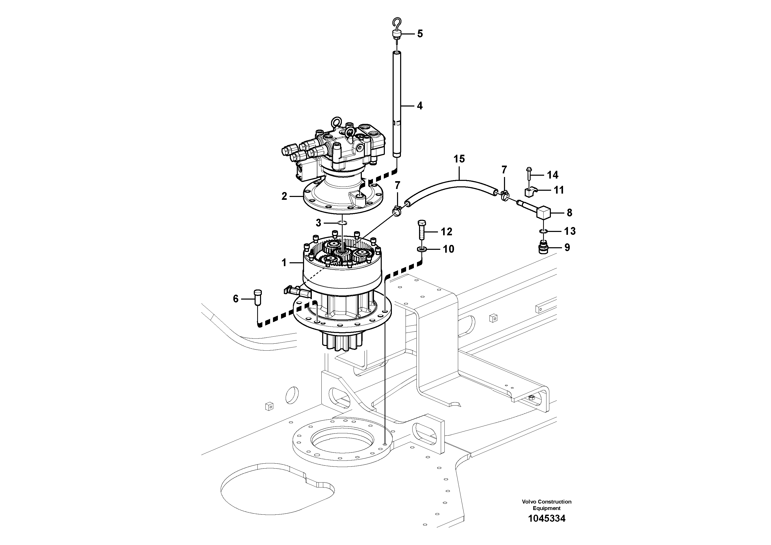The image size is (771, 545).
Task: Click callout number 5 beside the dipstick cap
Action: (x=420, y=34)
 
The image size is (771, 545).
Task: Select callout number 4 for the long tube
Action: (x=419, y=106)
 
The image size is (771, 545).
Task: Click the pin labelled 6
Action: (x=258, y=297)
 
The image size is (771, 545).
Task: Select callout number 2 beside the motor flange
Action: (x=284, y=196)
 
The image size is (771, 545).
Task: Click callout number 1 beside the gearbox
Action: (x=284, y=263)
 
